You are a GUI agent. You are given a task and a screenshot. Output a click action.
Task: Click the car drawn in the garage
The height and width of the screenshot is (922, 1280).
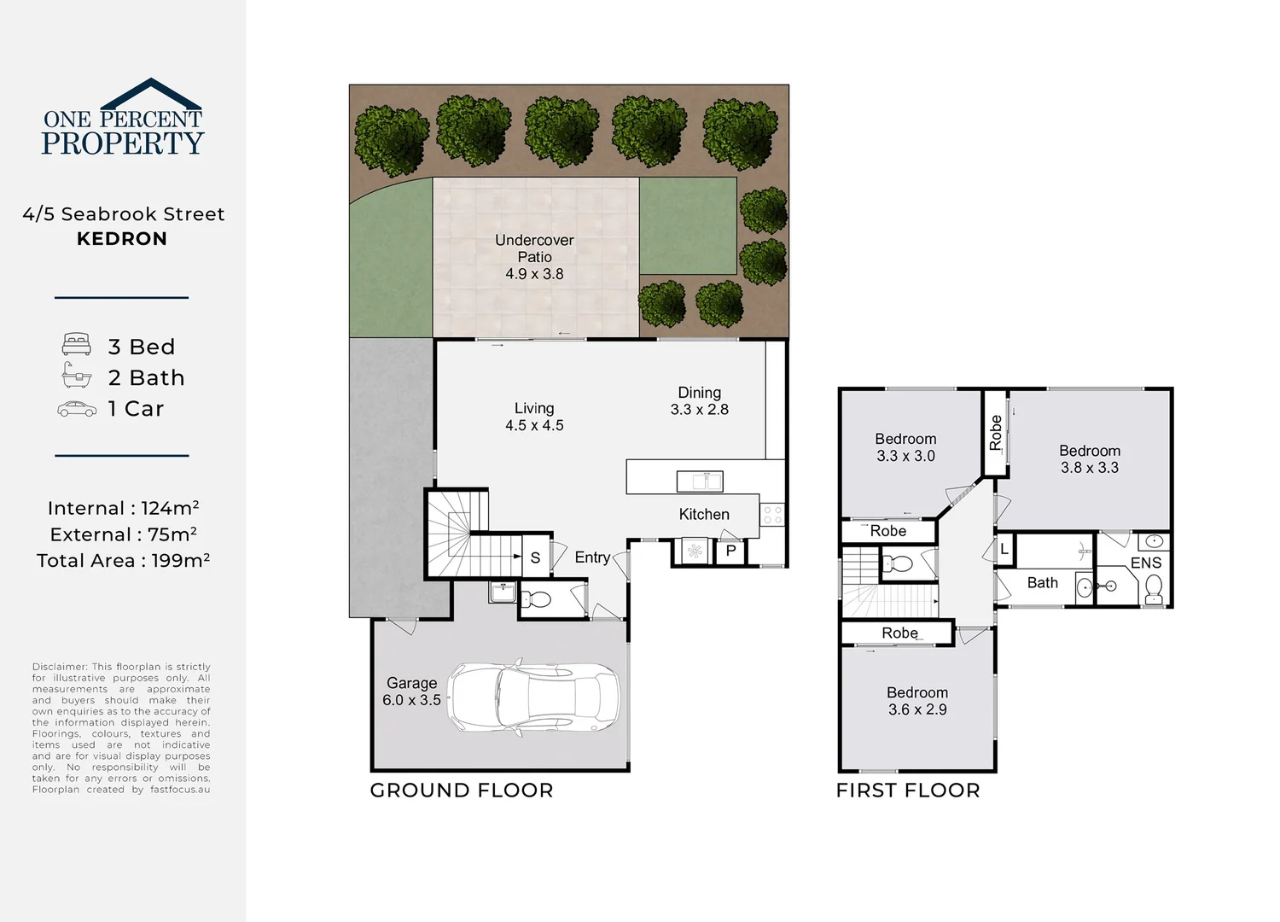(x=533, y=697)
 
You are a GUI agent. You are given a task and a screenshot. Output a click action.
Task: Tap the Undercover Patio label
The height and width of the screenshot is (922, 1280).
(x=534, y=257)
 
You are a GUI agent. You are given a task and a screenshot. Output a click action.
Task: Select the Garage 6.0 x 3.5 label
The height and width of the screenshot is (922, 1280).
(x=411, y=691)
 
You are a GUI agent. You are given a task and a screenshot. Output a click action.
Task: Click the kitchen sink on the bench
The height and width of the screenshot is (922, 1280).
(x=700, y=481)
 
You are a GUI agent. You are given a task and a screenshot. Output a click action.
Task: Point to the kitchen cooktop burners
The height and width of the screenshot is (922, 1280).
(x=772, y=515)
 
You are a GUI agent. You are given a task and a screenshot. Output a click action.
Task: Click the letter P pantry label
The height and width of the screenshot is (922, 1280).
(x=730, y=551)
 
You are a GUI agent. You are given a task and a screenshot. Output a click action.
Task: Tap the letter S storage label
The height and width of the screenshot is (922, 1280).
(x=535, y=557)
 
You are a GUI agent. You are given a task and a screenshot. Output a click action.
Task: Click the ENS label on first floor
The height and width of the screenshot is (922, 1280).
(x=1146, y=563)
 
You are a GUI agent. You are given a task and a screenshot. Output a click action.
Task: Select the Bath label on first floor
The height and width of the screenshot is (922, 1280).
(x=1042, y=582)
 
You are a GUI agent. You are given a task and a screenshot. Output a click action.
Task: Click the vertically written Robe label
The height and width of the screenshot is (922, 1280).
(x=996, y=433)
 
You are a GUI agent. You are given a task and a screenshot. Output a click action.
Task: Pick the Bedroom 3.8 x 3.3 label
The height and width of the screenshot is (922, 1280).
(x=1090, y=459)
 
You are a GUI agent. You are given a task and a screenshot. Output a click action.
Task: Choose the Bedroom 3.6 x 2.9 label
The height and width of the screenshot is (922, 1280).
(x=917, y=701)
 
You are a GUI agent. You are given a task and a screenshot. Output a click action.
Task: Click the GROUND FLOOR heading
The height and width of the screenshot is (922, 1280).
(x=462, y=791)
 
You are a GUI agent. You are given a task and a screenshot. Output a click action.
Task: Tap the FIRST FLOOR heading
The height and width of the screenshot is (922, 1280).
(x=908, y=791)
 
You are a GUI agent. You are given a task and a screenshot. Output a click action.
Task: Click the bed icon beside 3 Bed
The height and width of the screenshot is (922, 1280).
(x=77, y=344)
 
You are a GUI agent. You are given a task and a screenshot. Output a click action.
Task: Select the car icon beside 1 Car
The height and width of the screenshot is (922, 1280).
(x=77, y=409)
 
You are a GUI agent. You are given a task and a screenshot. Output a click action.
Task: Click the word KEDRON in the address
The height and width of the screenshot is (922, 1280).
(x=122, y=239)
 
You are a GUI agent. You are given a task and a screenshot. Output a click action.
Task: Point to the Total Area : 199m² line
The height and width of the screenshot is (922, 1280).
(x=124, y=561)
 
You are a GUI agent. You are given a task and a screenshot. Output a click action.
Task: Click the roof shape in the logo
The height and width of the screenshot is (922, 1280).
(x=151, y=94)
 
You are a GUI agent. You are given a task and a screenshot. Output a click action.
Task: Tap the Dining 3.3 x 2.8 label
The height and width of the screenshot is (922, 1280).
(x=700, y=400)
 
